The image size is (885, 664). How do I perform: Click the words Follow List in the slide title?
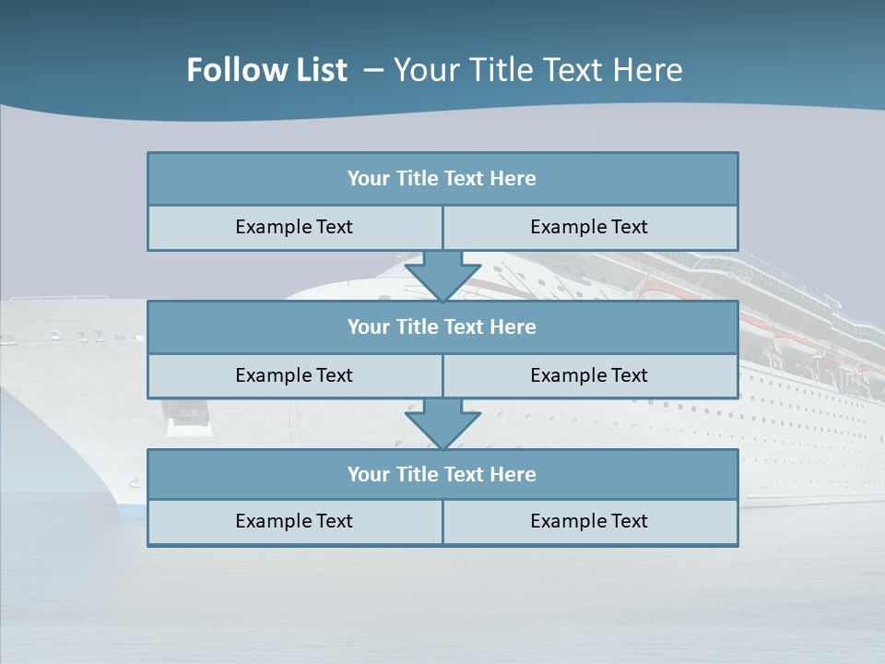tap(266, 70)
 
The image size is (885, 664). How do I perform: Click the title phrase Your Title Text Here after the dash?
tap(537, 70)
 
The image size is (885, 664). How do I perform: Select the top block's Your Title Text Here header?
tap(442, 179)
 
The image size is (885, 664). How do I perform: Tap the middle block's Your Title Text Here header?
tap(442, 327)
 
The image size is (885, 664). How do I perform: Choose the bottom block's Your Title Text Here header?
tap(442, 475)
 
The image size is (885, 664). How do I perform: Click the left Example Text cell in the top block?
tap(294, 228)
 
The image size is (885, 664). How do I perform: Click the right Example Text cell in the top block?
tap(589, 228)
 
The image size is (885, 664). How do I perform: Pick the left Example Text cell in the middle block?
tap(294, 376)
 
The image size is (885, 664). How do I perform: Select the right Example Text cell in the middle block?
tap(589, 376)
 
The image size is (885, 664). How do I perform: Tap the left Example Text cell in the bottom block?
tap(294, 522)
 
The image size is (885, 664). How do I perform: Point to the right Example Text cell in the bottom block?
tap(589, 522)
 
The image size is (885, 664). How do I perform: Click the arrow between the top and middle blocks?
tap(442, 276)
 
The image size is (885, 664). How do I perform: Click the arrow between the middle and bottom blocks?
tap(442, 424)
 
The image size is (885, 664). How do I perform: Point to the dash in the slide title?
tap(373, 70)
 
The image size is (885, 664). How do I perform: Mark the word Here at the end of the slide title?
tap(649, 70)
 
